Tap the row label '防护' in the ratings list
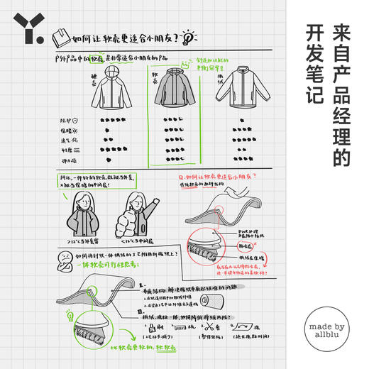click(x=67, y=119)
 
